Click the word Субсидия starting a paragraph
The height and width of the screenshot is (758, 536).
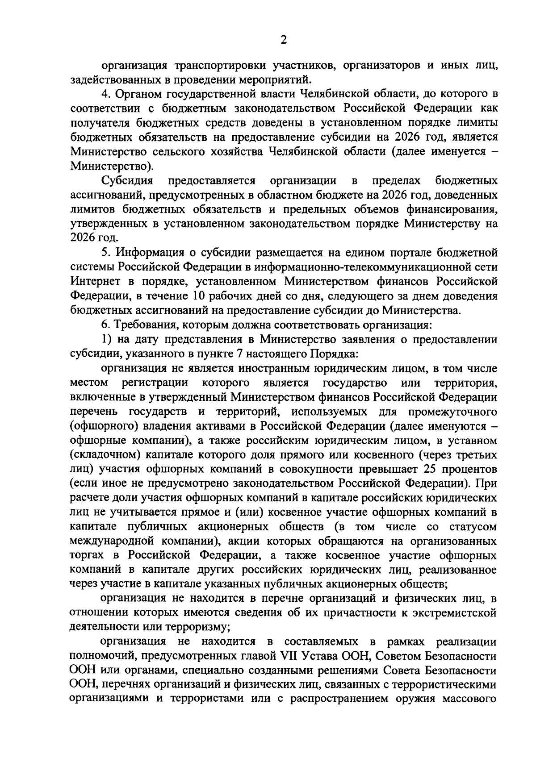[127, 181]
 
